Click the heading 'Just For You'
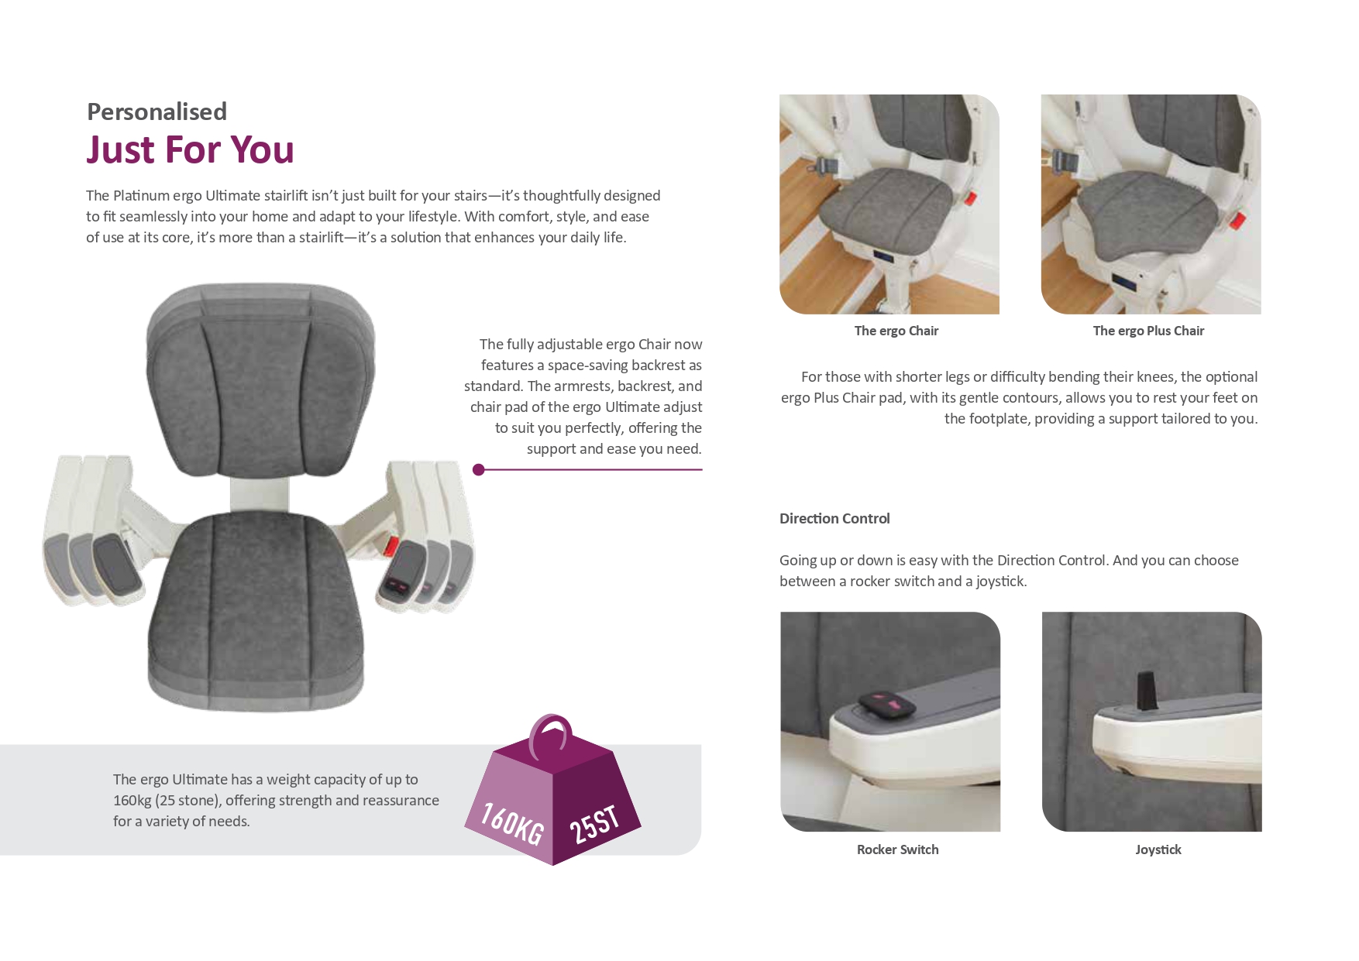click(190, 149)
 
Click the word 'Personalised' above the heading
click(157, 112)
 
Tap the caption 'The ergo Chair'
click(896, 331)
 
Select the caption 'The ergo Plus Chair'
click(1148, 331)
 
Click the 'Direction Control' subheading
click(834, 519)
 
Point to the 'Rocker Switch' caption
click(897, 849)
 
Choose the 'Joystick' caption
click(1158, 849)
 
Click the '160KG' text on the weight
click(512, 823)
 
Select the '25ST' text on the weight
click(594, 825)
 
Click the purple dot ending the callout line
click(479, 469)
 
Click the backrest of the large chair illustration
click(260, 387)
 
